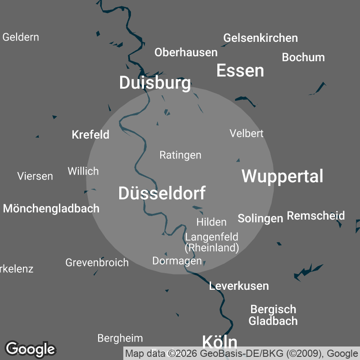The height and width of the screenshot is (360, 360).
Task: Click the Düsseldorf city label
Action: coord(162,193)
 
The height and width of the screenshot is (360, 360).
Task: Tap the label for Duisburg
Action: coord(154,83)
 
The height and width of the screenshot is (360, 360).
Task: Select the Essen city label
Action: coord(240,71)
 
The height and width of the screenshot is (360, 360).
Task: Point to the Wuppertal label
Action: coord(282,176)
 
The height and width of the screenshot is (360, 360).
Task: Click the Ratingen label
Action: coord(180,155)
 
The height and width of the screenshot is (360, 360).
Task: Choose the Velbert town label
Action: coord(246,133)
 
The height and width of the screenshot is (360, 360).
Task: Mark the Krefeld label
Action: coord(90,135)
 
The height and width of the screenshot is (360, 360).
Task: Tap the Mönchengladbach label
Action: coord(51,208)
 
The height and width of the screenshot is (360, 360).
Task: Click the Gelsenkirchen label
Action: coord(260,38)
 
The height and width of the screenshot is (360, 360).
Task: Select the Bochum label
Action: coord(303,57)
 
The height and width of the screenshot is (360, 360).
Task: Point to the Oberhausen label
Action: coord(186,52)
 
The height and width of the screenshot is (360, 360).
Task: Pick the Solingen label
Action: coord(260,218)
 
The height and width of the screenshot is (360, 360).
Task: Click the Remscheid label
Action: coord(315,216)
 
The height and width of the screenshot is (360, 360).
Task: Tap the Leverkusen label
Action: coord(238,286)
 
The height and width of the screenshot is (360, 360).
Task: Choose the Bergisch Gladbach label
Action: coord(273,315)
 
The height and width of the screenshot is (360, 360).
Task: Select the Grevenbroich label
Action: coord(97,262)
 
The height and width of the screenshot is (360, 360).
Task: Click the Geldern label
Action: coord(21,37)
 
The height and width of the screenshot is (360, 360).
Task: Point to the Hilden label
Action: coord(211,222)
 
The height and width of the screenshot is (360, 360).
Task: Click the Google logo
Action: coord(30,348)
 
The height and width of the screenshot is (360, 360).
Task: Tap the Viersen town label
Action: coord(35,176)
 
